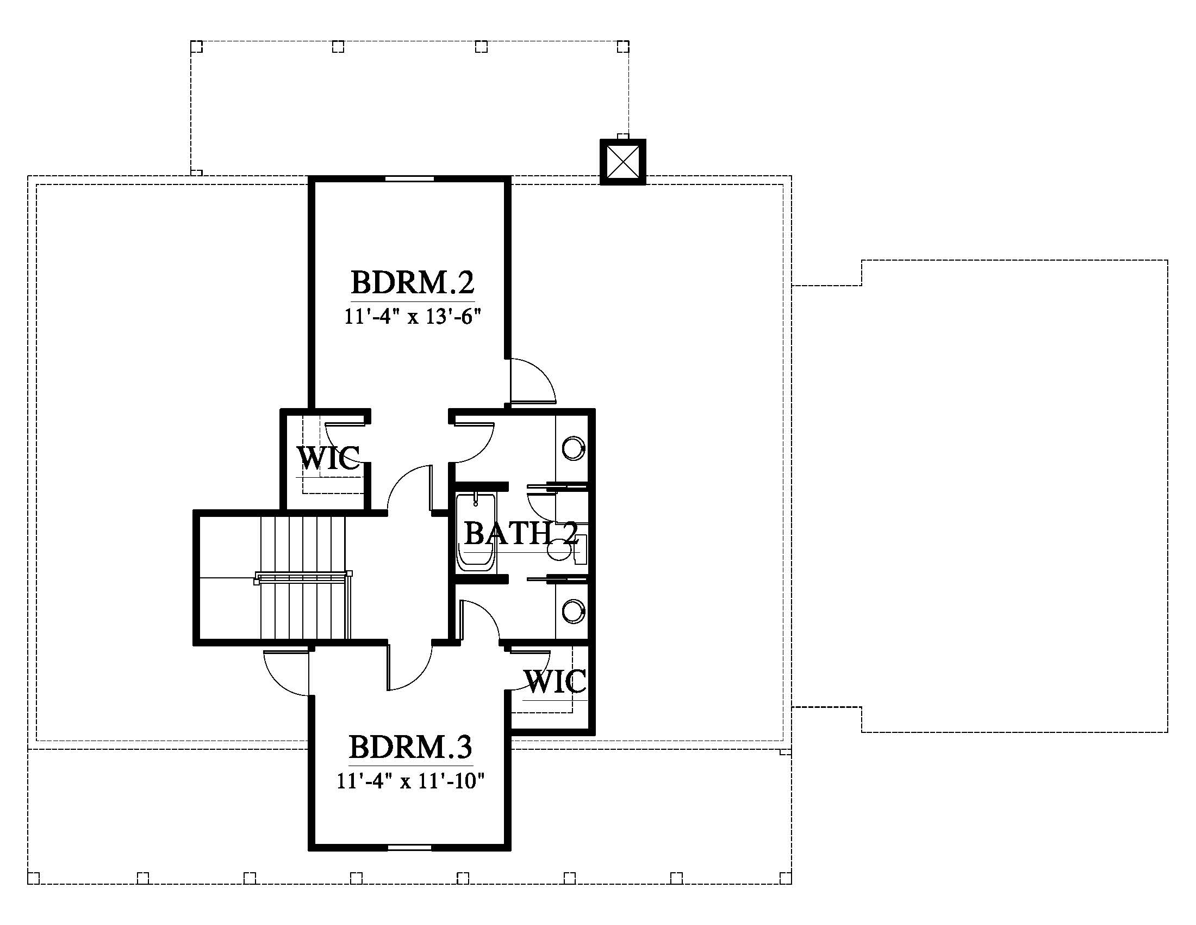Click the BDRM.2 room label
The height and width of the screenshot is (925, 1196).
point(413,282)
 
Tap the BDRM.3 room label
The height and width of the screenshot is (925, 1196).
point(410,747)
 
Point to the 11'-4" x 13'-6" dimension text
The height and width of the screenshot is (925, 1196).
point(413,317)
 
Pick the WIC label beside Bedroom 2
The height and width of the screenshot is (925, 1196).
point(328,458)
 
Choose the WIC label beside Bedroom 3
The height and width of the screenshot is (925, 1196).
point(555,682)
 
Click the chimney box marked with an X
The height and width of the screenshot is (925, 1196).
point(622,162)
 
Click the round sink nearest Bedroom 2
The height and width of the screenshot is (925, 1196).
point(573,448)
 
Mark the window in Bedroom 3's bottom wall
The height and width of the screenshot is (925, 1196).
point(410,848)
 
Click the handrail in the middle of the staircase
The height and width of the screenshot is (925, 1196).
point(303,577)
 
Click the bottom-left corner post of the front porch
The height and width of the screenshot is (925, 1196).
point(33,878)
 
